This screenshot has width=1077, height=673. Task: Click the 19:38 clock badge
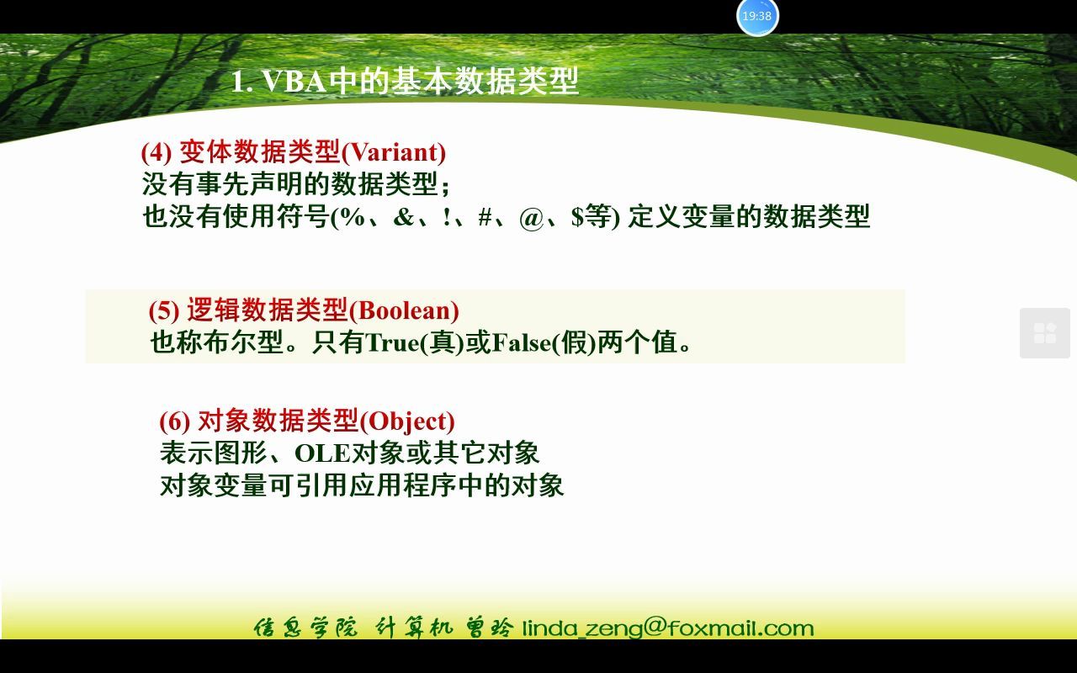(x=757, y=17)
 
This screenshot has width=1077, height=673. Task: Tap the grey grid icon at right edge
(x=1044, y=333)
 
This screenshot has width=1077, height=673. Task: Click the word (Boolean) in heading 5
(x=404, y=310)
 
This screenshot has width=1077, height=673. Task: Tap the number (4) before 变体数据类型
(x=157, y=152)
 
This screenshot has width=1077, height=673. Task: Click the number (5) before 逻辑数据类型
(x=164, y=310)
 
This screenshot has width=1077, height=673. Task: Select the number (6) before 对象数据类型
(x=175, y=421)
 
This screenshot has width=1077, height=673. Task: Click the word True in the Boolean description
(x=392, y=343)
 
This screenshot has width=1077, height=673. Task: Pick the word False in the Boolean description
(x=522, y=343)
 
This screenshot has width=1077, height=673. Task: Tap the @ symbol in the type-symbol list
(x=532, y=217)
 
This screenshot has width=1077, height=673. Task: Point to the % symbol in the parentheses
(x=352, y=217)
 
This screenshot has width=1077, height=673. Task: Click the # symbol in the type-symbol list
(x=485, y=217)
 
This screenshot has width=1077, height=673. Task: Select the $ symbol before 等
(x=577, y=217)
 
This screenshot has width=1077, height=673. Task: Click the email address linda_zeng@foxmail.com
(x=668, y=628)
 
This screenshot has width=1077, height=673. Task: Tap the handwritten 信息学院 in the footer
(x=305, y=628)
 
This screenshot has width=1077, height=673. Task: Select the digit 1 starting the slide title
(x=238, y=82)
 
